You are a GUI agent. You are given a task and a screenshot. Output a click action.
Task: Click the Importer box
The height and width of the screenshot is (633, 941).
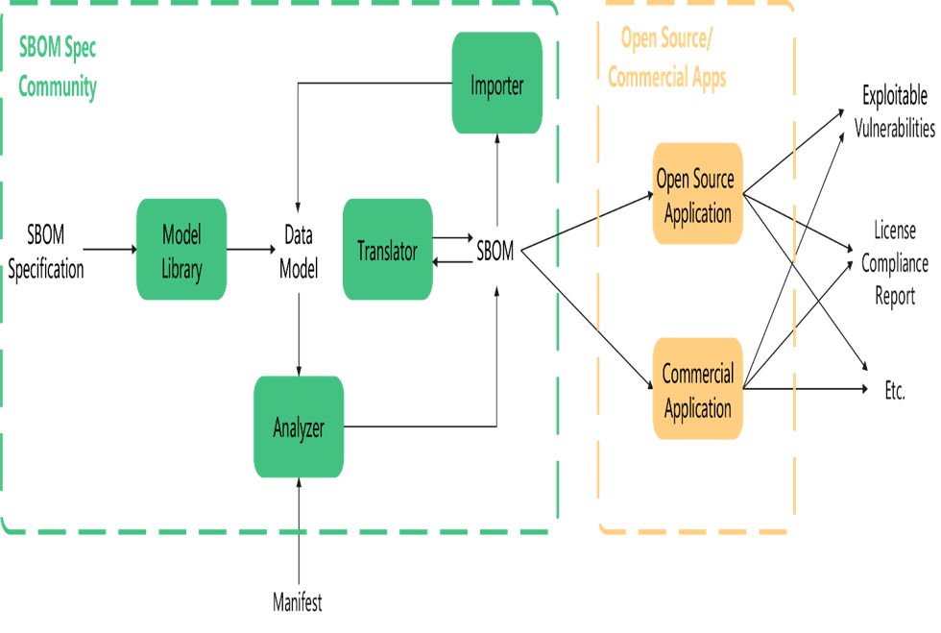point(497,85)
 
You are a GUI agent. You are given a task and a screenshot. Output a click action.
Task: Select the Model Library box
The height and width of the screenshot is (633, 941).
point(181,250)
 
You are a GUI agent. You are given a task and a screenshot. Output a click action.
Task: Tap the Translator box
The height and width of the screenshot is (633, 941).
point(387,251)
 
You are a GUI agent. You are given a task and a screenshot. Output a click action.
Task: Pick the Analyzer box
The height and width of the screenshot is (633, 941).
point(299,427)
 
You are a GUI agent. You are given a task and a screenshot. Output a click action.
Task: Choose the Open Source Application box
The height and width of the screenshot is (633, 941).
point(698,195)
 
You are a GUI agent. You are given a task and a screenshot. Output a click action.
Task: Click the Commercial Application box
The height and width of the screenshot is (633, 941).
point(698,390)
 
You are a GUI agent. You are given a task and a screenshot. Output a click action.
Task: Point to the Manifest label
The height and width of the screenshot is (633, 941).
point(298,603)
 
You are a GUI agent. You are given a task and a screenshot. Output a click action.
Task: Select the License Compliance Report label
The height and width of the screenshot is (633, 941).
point(894,263)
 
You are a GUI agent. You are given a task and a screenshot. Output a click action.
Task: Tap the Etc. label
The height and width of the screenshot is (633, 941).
point(894,390)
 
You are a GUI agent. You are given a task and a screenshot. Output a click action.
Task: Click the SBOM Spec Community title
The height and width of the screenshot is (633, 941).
point(58,67)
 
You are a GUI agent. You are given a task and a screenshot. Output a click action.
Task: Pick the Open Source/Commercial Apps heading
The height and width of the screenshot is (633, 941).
point(667,59)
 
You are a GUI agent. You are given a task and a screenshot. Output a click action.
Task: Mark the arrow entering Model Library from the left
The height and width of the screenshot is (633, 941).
point(108,250)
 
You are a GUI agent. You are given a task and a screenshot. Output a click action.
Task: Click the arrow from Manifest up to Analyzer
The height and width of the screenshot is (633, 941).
point(300,533)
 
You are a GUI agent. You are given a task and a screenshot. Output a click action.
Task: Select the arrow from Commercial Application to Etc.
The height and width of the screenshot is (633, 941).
point(807,389)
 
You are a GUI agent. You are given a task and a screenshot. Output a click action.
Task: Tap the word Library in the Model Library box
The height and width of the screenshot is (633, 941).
point(181,270)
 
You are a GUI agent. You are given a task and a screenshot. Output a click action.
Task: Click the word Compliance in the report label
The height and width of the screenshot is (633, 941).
point(894,264)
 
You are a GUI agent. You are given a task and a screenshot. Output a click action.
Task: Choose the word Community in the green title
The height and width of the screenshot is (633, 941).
point(58,87)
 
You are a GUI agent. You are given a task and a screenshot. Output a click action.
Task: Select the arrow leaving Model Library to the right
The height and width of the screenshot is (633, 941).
point(252,250)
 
